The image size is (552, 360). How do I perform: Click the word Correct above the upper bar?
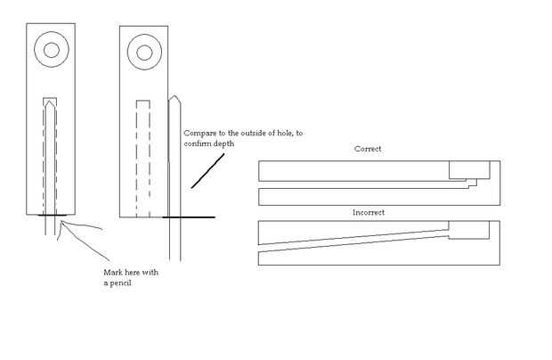pyautogui.click(x=367, y=149)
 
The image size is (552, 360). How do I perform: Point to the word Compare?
pyautogui.click(x=200, y=133)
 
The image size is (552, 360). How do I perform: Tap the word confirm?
pyautogui.click(x=198, y=143)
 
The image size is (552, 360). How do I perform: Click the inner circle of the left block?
pyautogui.click(x=51, y=51)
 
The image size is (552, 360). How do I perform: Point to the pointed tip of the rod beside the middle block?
pyautogui.click(x=175, y=94)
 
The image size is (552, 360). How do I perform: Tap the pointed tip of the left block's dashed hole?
pyautogui.click(x=52, y=102)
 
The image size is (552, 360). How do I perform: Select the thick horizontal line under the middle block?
pyautogui.click(x=188, y=217)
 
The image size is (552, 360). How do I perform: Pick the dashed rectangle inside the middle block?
pyautogui.click(x=141, y=156)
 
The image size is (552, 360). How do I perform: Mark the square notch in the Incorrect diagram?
pyautogui.click(x=468, y=230)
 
